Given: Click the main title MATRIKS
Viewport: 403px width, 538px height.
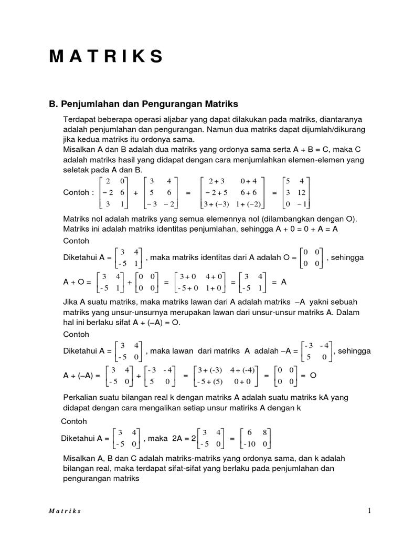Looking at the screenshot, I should pos(105,57).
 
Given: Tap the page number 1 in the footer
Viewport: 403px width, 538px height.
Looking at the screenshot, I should pos(369,511).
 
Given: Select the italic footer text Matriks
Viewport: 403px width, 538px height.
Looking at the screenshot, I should pos(65,511).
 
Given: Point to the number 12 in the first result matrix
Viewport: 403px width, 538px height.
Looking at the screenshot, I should pos(304,193).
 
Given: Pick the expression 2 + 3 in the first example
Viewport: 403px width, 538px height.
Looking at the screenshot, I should pos(217,182).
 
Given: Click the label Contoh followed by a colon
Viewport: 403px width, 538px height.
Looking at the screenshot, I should pos(78,193).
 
